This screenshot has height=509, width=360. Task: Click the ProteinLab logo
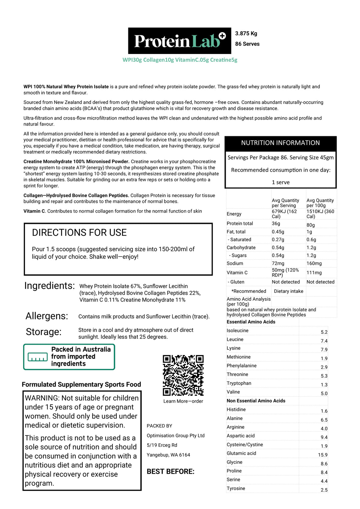point(179,41)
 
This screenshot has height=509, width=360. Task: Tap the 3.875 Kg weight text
point(246,33)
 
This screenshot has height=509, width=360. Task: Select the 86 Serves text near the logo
point(247,44)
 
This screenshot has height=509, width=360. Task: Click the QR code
point(183,375)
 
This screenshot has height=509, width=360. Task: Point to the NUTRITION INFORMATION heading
point(280,143)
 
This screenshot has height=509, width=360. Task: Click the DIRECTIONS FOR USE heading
point(79,233)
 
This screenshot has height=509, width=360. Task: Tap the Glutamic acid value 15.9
point(322,455)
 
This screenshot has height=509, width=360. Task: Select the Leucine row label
point(235,339)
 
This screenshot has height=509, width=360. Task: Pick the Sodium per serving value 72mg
point(278,263)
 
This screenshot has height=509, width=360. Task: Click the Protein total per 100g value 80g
point(311,225)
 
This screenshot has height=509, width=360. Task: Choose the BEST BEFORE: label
point(170,471)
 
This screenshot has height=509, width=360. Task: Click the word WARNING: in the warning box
point(42,398)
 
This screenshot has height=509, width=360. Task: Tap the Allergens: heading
point(47,316)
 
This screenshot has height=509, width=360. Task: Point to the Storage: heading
point(44,332)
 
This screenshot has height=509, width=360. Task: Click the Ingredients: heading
point(49,286)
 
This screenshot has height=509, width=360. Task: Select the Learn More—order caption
point(183,401)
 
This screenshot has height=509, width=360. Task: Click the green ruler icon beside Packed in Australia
point(37,357)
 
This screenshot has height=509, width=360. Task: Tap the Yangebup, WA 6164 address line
point(168,455)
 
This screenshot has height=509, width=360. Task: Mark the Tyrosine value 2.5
point(324,490)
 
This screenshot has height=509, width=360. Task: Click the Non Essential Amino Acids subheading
point(256,401)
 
